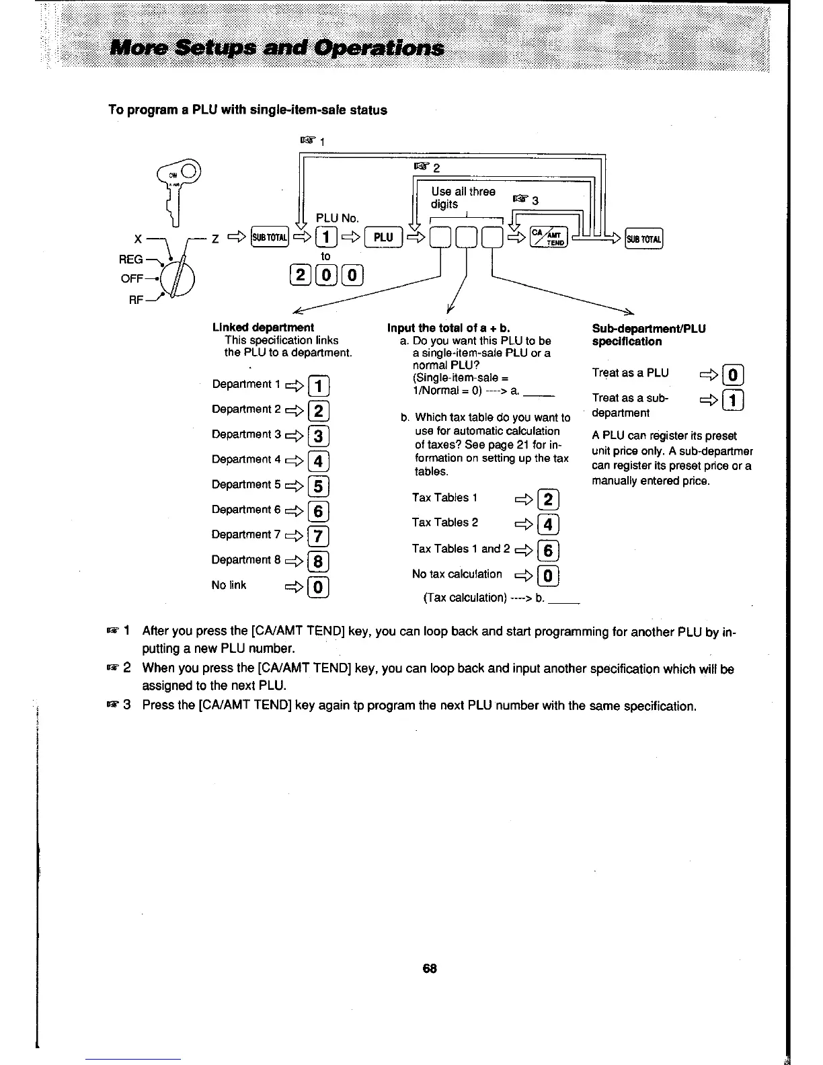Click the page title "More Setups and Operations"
click(277, 48)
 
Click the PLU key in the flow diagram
click(383, 237)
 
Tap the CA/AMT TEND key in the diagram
click(549, 237)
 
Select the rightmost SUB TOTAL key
click(643, 238)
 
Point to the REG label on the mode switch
click(132, 260)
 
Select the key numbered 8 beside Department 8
click(319, 561)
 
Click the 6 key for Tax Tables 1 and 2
click(548, 551)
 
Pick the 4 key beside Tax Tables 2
click(548, 524)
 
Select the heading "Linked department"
click(263, 327)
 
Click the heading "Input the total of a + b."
click(448, 328)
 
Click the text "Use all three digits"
click(463, 198)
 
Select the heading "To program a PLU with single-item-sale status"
click(247, 110)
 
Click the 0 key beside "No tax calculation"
click(548, 576)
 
